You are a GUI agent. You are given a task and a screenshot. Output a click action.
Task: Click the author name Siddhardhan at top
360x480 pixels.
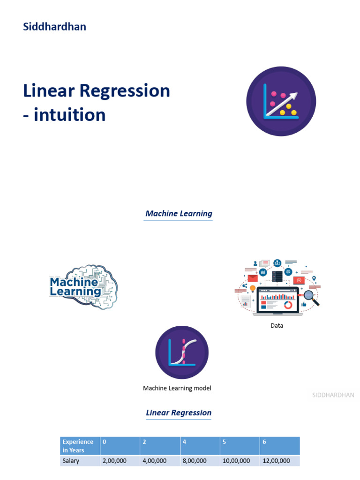pos(54,27)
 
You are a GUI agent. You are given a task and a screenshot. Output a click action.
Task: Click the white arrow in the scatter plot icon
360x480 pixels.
pos(286,99)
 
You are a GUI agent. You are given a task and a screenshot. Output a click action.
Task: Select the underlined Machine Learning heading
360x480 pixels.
pos(179,214)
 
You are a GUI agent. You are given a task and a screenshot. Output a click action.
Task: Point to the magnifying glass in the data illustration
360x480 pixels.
pos(310,297)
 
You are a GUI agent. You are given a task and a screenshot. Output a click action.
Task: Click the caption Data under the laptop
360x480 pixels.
pos(277,326)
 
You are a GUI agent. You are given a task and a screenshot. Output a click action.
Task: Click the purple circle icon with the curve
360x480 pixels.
pos(182,352)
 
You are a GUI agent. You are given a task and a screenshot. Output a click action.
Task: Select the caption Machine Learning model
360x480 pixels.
pos(177,388)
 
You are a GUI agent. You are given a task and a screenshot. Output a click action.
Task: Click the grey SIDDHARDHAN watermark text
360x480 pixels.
pos(333,395)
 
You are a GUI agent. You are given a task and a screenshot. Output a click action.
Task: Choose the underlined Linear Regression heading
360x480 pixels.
pos(179,413)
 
